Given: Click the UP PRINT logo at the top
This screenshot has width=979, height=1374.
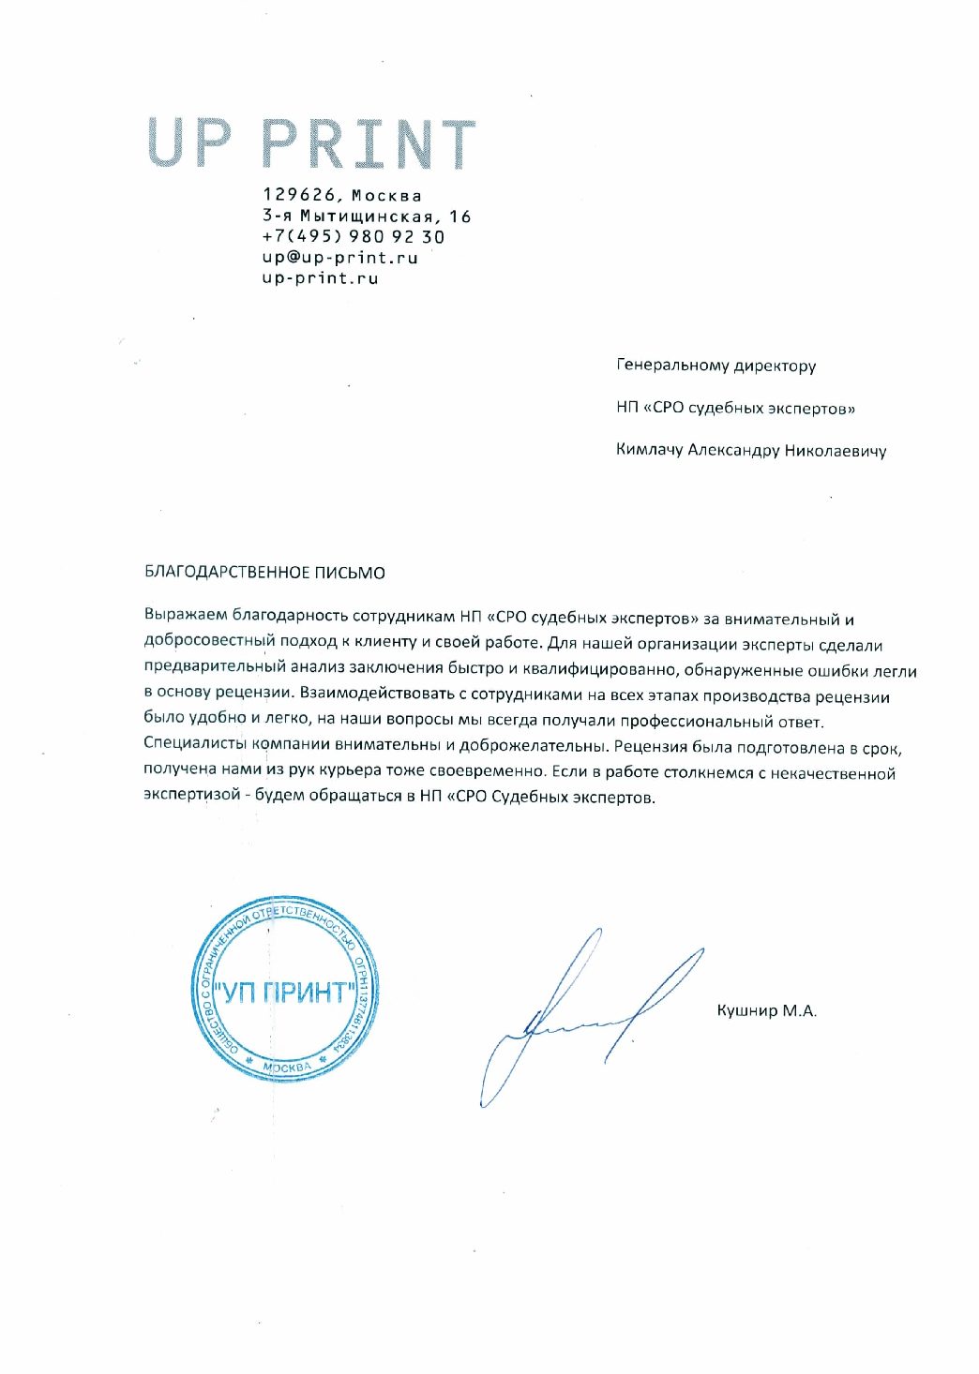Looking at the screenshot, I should pyautogui.click(x=311, y=143).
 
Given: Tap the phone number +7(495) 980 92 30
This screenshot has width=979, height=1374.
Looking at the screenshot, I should pyautogui.click(x=354, y=237).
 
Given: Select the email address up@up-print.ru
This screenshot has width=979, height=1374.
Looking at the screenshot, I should pyautogui.click(x=339, y=258).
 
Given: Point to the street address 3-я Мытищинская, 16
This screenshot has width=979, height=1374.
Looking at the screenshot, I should pyautogui.click(x=367, y=217).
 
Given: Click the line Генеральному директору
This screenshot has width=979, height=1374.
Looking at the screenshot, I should pyautogui.click(x=715, y=366).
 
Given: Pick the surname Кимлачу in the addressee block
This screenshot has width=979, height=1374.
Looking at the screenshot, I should pyautogui.click(x=649, y=450).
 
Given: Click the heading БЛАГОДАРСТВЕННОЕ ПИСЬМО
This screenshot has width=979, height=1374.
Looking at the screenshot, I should pyautogui.click(x=264, y=573).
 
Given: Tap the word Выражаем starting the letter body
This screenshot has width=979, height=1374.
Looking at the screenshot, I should pyautogui.click(x=184, y=620).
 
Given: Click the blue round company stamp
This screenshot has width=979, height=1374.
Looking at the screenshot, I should pyautogui.click(x=286, y=990).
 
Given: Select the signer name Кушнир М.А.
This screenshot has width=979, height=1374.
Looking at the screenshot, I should pyautogui.click(x=766, y=1011).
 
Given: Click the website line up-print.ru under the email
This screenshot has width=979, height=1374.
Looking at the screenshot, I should pyautogui.click(x=320, y=278).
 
